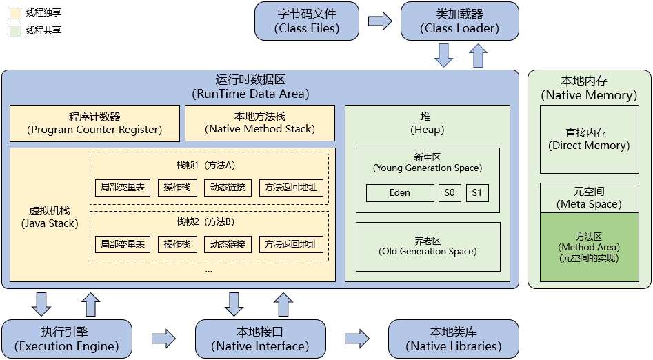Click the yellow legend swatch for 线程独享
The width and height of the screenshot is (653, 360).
pos(14,13)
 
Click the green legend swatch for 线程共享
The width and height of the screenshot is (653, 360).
pos(14,31)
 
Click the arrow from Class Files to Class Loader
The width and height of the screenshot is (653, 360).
pos(380,21)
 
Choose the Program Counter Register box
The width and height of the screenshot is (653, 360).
pos(94,123)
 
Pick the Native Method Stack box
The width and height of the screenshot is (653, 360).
pos(259,123)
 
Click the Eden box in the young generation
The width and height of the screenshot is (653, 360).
pos(399,193)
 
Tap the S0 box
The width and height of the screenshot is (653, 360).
pos(450,193)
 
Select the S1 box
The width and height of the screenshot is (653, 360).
pos(477,193)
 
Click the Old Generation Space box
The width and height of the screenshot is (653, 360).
pos(428,246)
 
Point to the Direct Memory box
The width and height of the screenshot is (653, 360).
pos(590,139)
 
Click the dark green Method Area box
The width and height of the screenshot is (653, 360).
pos(590,247)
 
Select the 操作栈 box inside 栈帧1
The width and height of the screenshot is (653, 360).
pos(177,188)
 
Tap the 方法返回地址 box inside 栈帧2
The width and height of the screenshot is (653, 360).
pos(291,244)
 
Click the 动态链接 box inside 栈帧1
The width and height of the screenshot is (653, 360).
pos(228,188)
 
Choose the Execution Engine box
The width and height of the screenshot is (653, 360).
pos(66,338)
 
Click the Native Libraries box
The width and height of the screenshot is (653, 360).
pos(453,338)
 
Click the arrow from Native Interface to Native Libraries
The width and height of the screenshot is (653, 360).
pos(356,339)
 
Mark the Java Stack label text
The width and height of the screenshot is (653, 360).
pos(49,217)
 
